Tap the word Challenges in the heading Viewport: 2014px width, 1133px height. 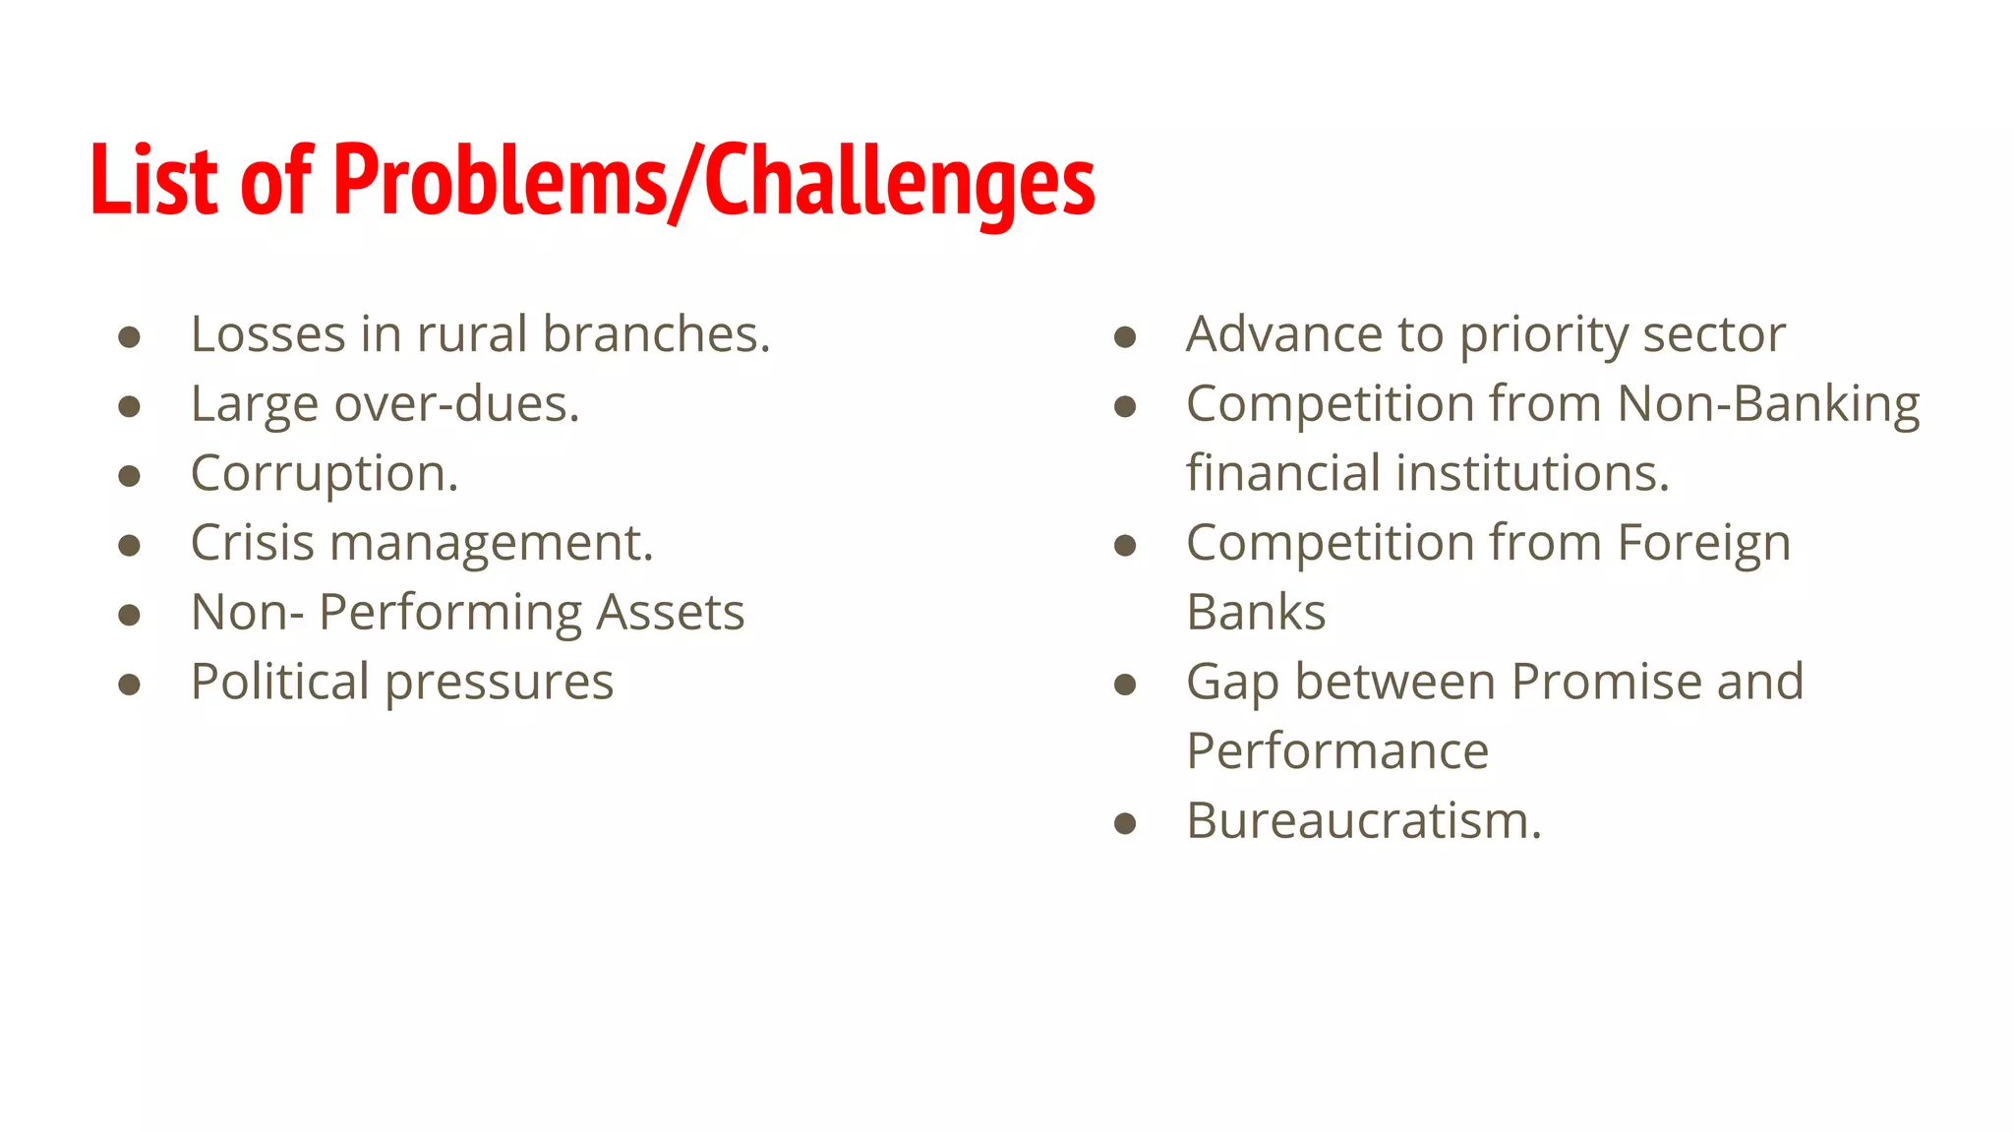click(x=900, y=182)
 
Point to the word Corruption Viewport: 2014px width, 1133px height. click(x=325, y=474)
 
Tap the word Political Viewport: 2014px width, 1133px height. click(x=280, y=682)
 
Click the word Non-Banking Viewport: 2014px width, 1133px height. click(x=1768, y=404)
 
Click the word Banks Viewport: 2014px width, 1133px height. click(x=1256, y=613)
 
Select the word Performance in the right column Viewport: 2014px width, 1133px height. click(x=1337, y=751)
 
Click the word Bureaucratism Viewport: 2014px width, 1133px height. click(x=1363, y=820)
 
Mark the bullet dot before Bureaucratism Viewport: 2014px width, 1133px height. click(x=1125, y=823)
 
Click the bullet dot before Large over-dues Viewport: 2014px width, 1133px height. click(x=129, y=406)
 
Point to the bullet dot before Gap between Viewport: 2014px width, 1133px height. click(x=1125, y=685)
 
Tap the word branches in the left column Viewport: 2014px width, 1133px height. click(x=656, y=334)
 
